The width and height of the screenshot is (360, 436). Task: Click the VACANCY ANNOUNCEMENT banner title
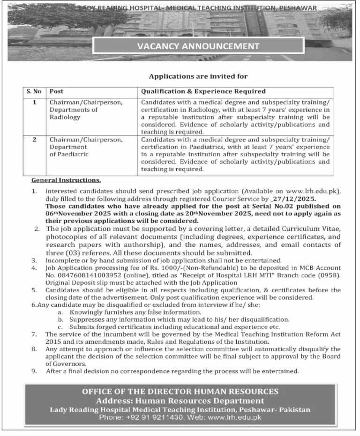[x=198, y=46]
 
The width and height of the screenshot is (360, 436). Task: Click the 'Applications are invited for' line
[x=198, y=76]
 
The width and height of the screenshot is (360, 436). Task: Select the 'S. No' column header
[x=34, y=91]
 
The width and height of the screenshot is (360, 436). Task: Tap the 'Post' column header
[x=57, y=91]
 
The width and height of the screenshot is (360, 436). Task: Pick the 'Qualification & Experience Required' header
[x=203, y=91]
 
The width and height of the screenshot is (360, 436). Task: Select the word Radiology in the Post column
[x=65, y=117]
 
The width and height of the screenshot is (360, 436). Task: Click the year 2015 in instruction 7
[x=54, y=341]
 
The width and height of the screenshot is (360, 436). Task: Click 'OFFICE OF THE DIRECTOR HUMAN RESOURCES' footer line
[x=180, y=392]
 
